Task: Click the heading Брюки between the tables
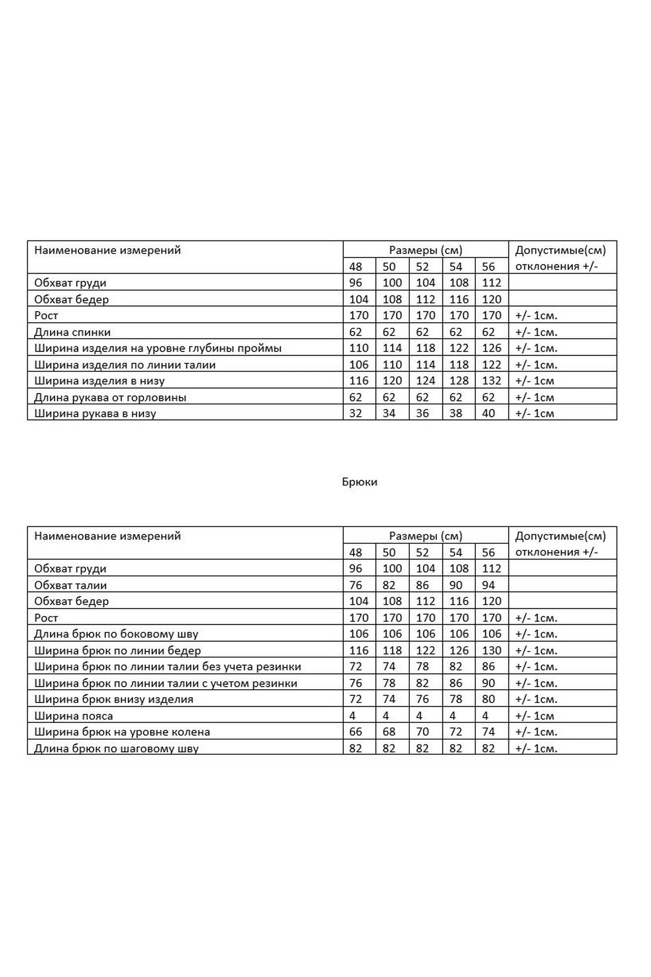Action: [359, 482]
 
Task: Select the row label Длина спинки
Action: [72, 332]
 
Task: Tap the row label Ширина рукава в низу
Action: [95, 413]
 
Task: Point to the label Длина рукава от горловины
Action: [110, 397]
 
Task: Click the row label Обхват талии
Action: [70, 585]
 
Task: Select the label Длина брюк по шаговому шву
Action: [116, 748]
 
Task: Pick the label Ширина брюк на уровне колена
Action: [122, 732]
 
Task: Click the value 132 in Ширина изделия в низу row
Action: [491, 381]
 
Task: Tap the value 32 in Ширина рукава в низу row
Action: [356, 413]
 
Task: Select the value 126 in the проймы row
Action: [491, 348]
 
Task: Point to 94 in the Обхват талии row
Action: [488, 585]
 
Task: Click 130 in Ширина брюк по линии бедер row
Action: [491, 651]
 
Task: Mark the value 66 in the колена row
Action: [356, 732]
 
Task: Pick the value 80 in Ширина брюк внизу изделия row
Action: [488, 699]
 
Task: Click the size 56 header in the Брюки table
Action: [488, 552]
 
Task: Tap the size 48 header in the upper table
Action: [356, 267]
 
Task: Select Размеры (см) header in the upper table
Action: [425, 250]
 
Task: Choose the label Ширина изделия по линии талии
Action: [125, 365]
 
